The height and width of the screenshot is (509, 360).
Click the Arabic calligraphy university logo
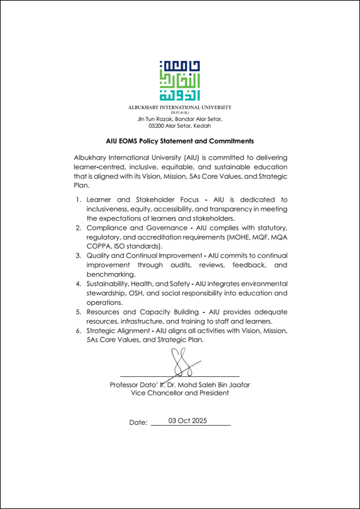[180, 81]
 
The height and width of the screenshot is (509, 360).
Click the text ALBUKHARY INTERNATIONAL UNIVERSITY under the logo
[180, 107]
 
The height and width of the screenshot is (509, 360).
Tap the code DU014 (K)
[180, 113]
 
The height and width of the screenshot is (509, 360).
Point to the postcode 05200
[158, 125]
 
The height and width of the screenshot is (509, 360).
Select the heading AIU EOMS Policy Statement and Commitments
[180, 142]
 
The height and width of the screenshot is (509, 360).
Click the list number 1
[78, 199]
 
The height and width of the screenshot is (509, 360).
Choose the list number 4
[78, 283]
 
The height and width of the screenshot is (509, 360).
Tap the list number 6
[78, 330]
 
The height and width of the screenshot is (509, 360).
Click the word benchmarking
[110, 274]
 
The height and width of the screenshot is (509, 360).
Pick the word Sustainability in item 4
[109, 283]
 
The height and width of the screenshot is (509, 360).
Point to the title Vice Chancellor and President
[180, 393]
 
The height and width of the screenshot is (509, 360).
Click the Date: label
[138, 423]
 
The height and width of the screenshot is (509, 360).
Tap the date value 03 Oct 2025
[188, 421]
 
